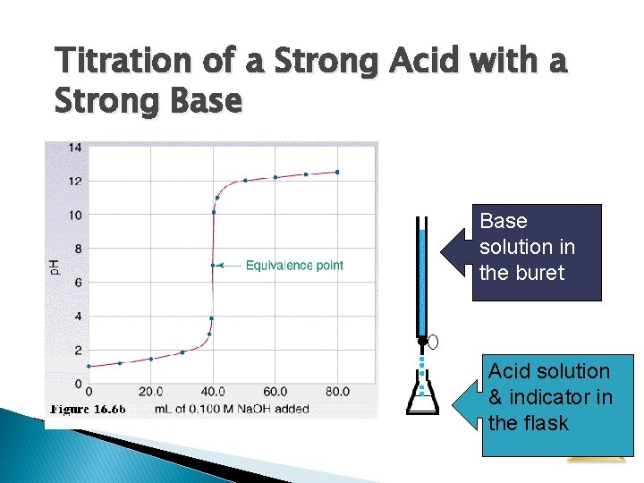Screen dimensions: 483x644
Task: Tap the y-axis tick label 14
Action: point(75,148)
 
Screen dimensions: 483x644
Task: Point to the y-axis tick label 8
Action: point(78,249)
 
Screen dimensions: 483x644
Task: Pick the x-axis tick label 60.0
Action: point(275,392)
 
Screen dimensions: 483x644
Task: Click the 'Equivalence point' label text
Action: point(294,266)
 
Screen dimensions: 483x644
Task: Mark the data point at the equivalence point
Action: point(213,265)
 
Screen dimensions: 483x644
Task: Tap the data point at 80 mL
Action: point(337,172)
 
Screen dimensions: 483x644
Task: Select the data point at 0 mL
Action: point(89,366)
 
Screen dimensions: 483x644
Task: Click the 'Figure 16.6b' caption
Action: point(88,410)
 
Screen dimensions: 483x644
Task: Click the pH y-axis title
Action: point(55,266)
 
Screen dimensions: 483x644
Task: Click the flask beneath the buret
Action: point(422,399)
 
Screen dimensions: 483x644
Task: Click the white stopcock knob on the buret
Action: point(433,342)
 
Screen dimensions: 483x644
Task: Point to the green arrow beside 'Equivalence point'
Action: point(229,266)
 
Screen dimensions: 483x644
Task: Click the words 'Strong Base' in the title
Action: point(148,102)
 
